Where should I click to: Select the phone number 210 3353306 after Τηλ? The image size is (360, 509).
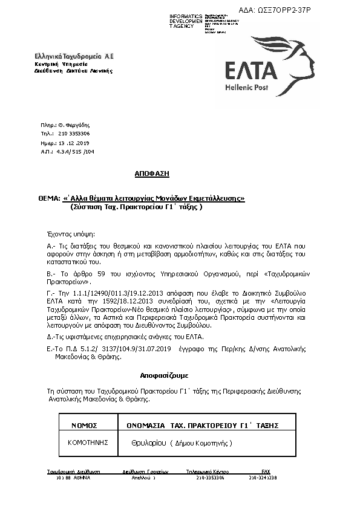pyautogui.click(x=74, y=133)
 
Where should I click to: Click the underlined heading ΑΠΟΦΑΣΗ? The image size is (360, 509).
pyautogui.click(x=152, y=173)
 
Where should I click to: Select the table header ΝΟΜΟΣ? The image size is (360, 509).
pyautogui.click(x=84, y=426)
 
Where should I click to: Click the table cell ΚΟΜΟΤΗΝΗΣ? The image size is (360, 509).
pyautogui.click(x=88, y=443)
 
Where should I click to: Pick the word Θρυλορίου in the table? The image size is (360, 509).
pyautogui.click(x=148, y=444)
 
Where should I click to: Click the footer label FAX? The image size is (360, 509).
pyautogui.click(x=265, y=472)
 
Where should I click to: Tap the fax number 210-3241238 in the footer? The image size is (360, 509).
pyautogui.click(x=263, y=478)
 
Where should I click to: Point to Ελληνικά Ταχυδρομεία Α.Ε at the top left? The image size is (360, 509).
pyautogui.click(x=73, y=56)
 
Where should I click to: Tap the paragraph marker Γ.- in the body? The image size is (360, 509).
pyautogui.click(x=51, y=292)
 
